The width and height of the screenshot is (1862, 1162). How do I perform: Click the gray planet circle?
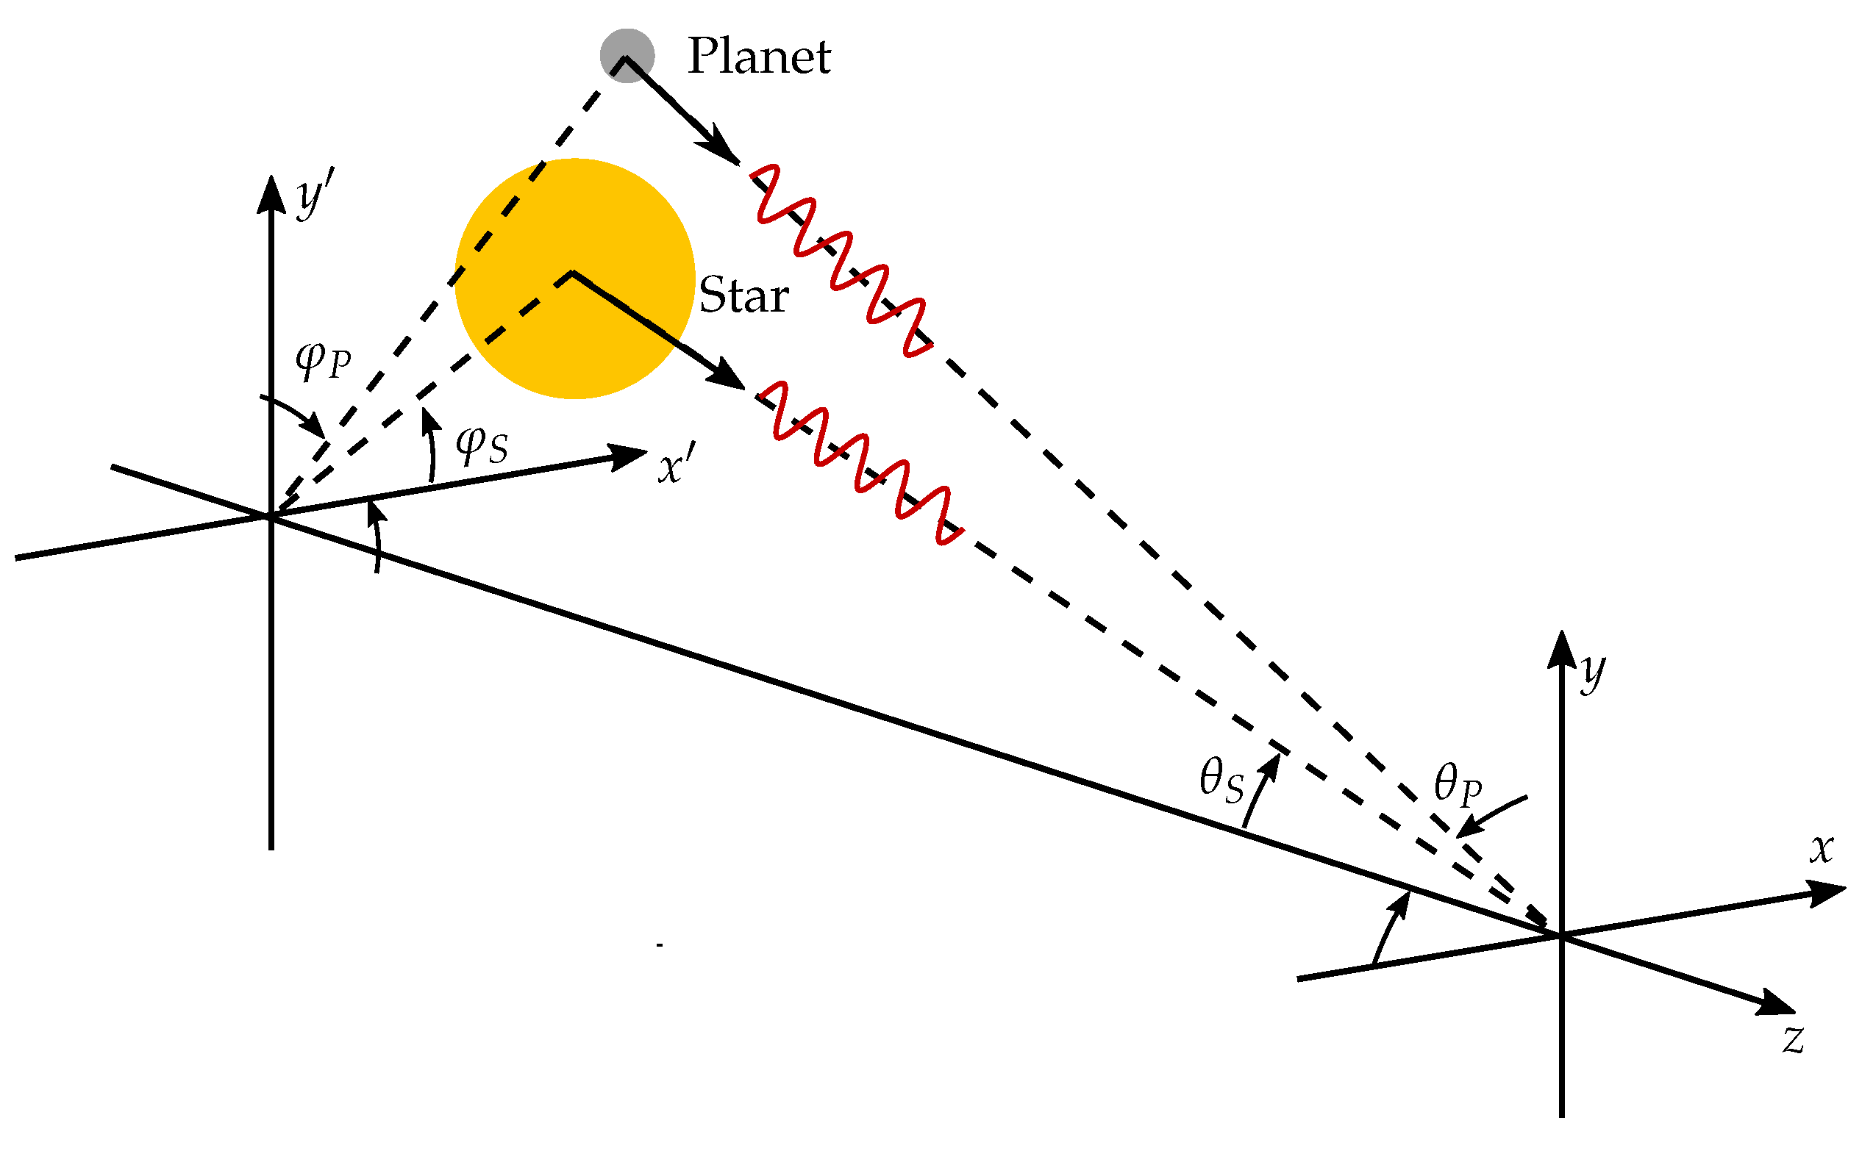point(627,55)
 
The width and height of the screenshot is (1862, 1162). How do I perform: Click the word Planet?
point(759,56)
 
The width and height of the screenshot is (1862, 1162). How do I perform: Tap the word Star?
point(743,295)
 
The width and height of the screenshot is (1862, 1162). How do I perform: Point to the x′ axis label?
point(677,466)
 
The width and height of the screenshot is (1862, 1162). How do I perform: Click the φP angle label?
point(324,359)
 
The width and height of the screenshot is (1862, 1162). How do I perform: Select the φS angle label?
point(482,445)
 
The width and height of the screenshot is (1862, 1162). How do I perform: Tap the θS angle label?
point(1221,780)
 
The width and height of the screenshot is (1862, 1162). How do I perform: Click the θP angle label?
point(1458,786)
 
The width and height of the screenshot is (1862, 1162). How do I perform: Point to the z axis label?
point(1794,1039)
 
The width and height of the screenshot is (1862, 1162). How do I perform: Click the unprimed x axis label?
point(1822,848)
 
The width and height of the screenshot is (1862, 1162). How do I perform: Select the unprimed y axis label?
point(1594,673)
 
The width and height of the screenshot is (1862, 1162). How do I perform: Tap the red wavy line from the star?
point(865,465)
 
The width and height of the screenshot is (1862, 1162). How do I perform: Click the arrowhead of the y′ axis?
point(271,192)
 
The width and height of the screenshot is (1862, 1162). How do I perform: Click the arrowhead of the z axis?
point(1777,1003)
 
